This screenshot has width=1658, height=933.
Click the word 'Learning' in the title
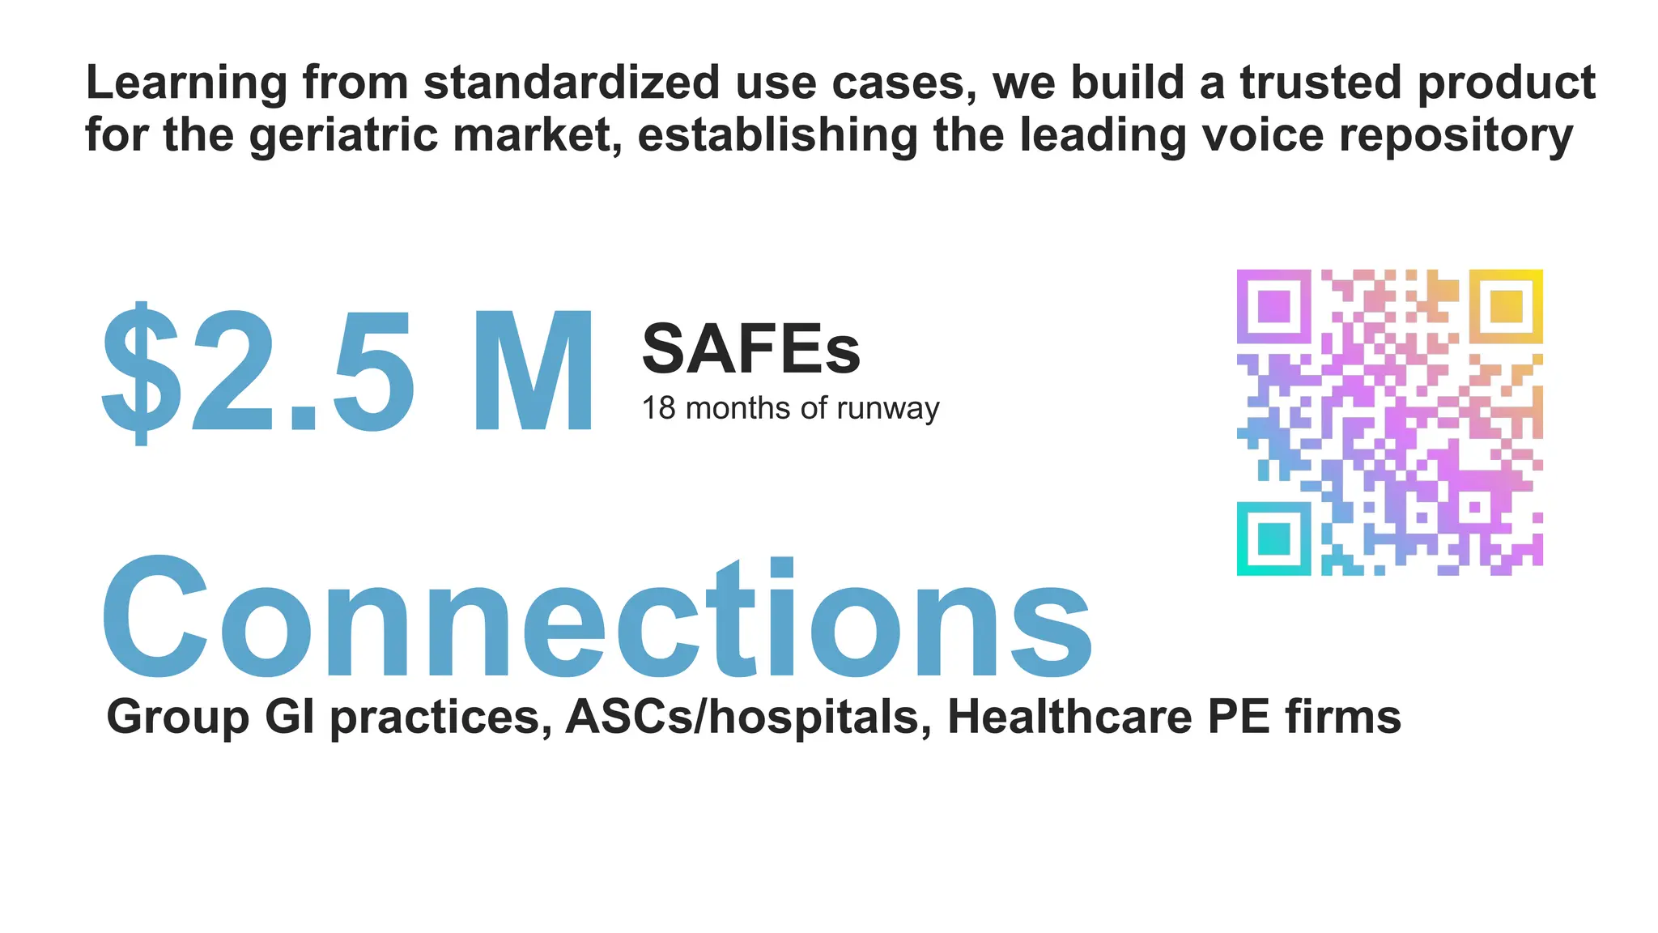[x=186, y=84]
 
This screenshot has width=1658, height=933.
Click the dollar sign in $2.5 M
[x=141, y=373]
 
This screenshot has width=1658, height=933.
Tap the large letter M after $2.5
[x=534, y=373]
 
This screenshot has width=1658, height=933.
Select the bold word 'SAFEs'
[x=750, y=350]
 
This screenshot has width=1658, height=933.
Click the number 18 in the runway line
[x=658, y=408]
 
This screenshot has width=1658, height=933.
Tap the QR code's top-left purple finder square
[x=1273, y=306]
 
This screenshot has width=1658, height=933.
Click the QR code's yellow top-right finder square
[x=1506, y=306]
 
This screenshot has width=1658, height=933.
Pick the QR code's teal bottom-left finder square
[x=1273, y=539]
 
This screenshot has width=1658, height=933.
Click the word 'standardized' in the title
[x=572, y=83]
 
